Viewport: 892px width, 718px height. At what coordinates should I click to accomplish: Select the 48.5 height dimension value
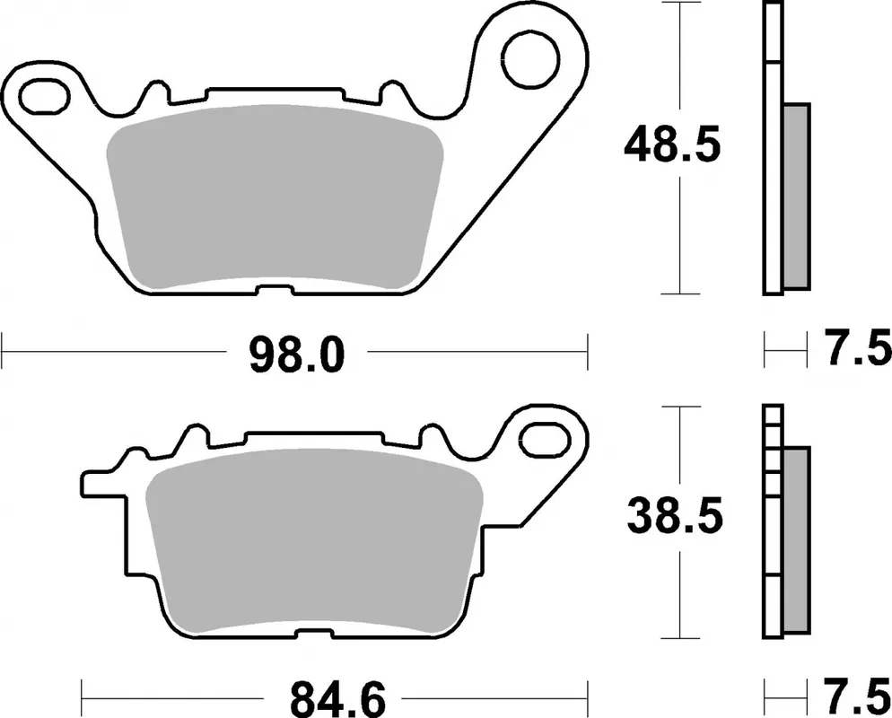tap(673, 145)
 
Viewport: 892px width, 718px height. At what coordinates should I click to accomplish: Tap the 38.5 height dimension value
tap(673, 519)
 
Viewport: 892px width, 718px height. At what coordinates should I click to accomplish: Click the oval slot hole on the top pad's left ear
tap(43, 95)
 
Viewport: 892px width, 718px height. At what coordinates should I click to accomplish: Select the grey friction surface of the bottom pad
tap(314, 547)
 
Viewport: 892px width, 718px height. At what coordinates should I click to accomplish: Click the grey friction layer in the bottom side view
tap(796, 538)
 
